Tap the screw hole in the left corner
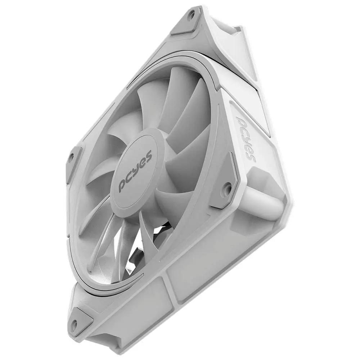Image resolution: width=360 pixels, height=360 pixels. click(71, 157)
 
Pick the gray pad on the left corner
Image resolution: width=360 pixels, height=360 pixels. click(73, 162)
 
